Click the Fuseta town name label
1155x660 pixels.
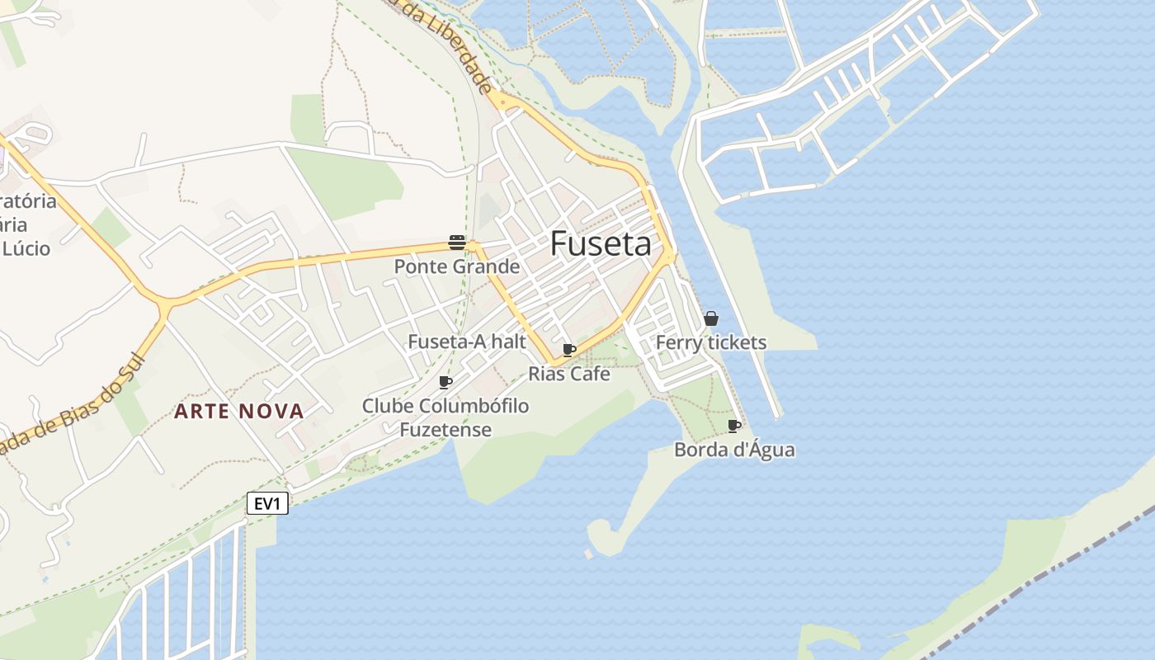coord(601,243)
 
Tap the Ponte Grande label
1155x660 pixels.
coord(457,266)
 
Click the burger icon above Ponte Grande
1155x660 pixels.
coord(457,242)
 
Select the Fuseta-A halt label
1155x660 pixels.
coord(467,341)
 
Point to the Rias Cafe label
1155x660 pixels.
coord(569,374)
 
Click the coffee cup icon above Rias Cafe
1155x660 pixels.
coord(569,350)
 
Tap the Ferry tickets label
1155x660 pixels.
coord(711,342)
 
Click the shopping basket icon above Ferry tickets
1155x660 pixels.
coord(711,318)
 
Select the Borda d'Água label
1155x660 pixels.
coord(734,450)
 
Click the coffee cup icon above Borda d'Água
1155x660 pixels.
coord(734,426)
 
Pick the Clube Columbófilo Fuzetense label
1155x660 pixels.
coord(445,417)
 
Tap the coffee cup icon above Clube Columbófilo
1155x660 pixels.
coord(445,382)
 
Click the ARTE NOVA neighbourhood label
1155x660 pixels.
coord(239,411)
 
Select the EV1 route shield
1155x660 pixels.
coord(267,503)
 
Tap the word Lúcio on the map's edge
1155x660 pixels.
coord(26,248)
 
